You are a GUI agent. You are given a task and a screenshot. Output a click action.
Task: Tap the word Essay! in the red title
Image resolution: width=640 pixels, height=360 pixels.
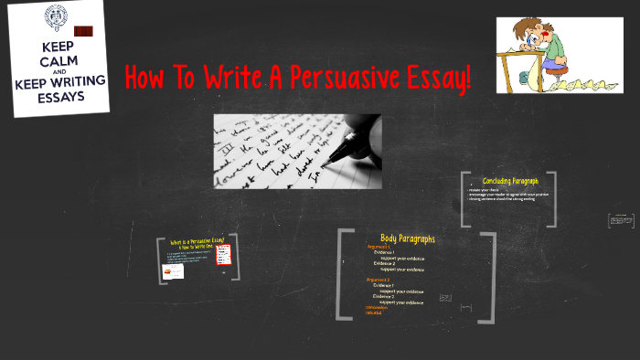coord(435,78)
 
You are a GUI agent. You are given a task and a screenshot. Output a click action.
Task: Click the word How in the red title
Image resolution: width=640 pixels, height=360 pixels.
coord(145,78)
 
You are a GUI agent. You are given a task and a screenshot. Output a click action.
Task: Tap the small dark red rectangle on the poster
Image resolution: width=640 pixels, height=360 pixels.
coord(83,31)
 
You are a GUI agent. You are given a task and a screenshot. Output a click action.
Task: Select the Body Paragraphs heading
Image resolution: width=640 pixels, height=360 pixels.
coord(407,238)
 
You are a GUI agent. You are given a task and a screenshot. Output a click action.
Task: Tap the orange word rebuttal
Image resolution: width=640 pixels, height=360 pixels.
coord(373,313)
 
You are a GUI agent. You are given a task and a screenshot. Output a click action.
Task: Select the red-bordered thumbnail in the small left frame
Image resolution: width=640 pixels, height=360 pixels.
coord(221,254)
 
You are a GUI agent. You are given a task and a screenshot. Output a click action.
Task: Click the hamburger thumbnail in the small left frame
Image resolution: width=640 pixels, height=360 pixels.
coord(170,270)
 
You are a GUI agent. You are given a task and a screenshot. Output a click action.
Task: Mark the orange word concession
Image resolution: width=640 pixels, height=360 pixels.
coord(376,308)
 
